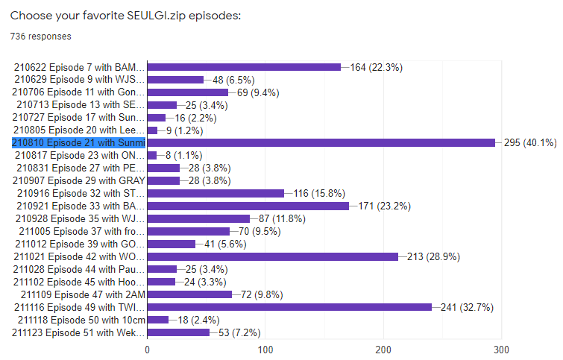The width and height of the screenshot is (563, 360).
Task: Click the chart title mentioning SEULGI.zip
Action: point(125,16)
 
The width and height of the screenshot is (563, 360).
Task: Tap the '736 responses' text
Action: point(41,36)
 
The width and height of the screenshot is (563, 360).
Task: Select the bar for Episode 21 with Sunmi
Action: point(321,142)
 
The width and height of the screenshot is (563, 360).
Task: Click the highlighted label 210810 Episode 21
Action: point(78,142)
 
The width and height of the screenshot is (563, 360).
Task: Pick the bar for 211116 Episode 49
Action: point(289,306)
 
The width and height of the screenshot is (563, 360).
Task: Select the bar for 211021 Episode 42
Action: point(273,256)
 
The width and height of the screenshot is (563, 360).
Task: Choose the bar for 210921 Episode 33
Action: point(248,206)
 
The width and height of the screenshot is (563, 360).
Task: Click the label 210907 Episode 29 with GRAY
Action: point(81,180)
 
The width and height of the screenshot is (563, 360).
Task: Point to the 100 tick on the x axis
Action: point(265,349)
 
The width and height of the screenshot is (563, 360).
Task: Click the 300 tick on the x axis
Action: point(501,349)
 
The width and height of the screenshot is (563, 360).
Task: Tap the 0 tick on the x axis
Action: point(148,349)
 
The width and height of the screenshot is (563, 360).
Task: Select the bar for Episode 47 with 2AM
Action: point(190,294)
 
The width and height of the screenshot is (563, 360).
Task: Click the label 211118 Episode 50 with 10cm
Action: point(80,319)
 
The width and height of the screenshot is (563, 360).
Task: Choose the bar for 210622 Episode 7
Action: point(244,67)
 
